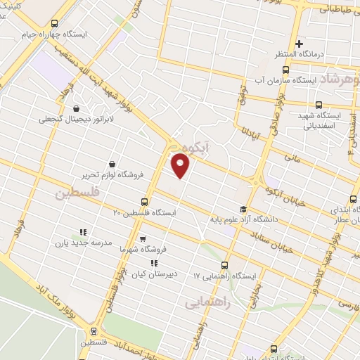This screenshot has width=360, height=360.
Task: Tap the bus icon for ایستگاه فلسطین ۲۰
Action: [x=145, y=201]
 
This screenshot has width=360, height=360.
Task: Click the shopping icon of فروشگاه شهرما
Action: [x=142, y=239]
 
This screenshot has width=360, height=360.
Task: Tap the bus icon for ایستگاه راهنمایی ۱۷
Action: [x=224, y=265]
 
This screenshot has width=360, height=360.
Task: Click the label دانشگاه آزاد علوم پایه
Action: [x=243, y=219]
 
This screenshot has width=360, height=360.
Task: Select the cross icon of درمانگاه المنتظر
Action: [x=300, y=44]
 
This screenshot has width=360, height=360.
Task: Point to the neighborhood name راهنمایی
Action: [x=203, y=303]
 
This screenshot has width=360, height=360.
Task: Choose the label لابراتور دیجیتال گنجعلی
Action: [x=77, y=120]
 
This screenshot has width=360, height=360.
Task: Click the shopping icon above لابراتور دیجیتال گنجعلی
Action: [x=77, y=108]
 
